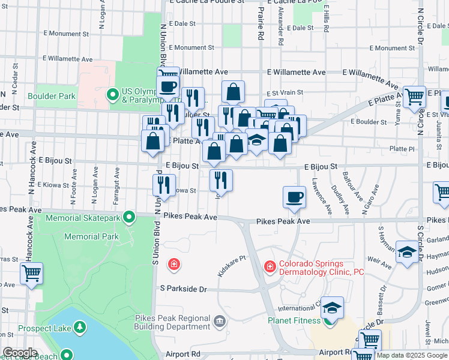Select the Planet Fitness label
coord(294,320)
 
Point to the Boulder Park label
coord(51,96)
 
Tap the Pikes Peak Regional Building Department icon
coord(220,321)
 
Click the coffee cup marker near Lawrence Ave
coord(294,198)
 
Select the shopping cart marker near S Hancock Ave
coord(31,274)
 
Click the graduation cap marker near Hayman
coord(407,252)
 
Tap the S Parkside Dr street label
coord(183,289)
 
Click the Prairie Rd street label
coord(261,28)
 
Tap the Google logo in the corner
coord(19,352)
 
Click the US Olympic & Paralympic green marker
coord(112,95)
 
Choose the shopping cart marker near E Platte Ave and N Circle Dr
coord(414,97)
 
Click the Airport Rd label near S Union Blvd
coord(180,355)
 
